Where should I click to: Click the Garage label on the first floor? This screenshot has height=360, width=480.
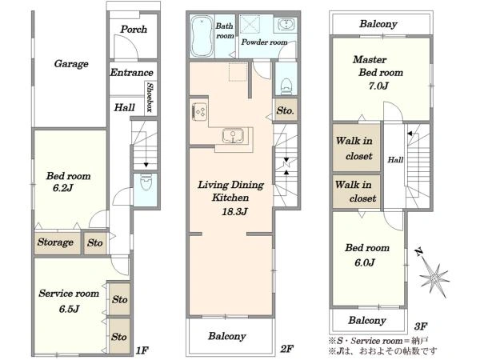tap(71, 64)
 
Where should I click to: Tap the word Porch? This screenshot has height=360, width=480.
tap(134, 30)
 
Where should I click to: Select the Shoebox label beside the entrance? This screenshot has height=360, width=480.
tap(150, 97)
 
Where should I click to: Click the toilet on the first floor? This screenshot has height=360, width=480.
tap(146, 182)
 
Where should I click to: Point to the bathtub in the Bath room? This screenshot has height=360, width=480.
tap(202, 36)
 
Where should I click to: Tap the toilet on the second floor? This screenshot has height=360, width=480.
tap(286, 86)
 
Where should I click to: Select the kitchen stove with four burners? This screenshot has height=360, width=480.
tap(199, 112)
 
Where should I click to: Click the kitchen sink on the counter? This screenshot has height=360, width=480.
tap(233, 136)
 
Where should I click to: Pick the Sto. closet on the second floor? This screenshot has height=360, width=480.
tap(286, 110)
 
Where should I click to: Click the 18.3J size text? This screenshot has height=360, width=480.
tap(234, 211)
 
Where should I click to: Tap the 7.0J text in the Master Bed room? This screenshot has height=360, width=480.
tap(378, 86)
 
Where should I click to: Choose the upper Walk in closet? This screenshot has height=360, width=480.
tap(356, 147)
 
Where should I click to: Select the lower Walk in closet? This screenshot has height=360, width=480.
tap(356, 192)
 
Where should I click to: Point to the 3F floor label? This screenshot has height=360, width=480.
tap(421, 326)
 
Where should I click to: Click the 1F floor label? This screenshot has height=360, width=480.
tap(142, 350)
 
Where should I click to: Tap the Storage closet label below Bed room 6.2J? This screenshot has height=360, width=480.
tap(55, 242)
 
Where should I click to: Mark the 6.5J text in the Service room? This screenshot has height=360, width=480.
tap(69, 309)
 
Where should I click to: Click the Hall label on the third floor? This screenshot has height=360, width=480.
tap(395, 159)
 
